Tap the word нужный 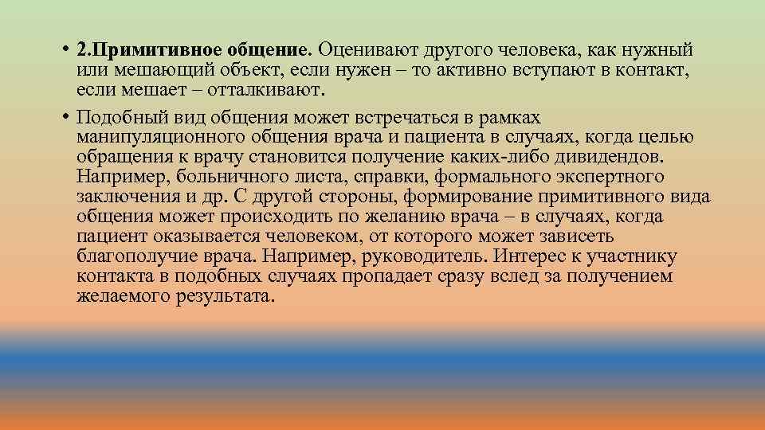(658, 50)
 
